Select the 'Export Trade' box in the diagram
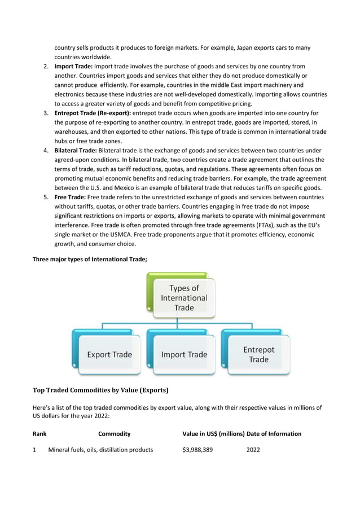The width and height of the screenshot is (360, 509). [109, 354]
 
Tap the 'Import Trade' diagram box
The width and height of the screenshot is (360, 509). [184, 354]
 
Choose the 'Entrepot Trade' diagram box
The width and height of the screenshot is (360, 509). [258, 354]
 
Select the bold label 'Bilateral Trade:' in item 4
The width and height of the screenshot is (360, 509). [76, 151]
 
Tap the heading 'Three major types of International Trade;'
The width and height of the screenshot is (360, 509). [90, 259]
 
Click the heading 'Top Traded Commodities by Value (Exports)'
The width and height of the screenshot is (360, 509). [100, 389]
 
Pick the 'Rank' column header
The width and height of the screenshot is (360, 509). [39, 433]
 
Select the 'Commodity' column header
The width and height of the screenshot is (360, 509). [114, 433]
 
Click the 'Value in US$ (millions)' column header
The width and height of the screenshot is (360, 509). [213, 433]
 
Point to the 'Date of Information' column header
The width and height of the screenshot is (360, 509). [274, 433]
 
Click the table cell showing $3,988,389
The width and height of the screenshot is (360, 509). [197, 450]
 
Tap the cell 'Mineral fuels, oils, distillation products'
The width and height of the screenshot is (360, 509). [100, 450]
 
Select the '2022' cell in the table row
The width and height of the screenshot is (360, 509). [253, 450]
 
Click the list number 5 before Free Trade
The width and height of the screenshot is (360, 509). [46, 197]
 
